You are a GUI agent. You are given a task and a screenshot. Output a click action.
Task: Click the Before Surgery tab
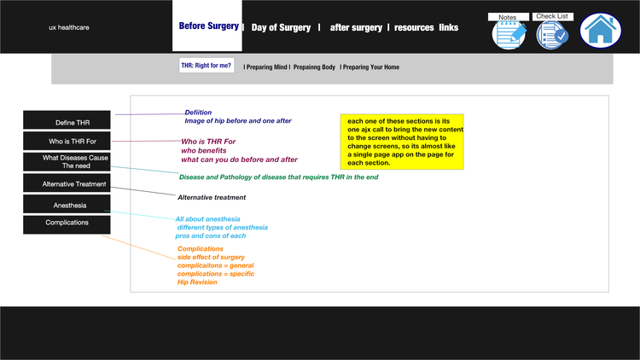pos(207,26)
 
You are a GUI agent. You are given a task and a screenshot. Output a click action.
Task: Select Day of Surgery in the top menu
pos(281,27)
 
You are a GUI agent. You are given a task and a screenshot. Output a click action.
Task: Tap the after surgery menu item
pos(356,27)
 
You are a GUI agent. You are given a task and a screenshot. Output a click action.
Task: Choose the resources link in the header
pos(414,27)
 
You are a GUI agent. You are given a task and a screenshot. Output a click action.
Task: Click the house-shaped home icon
pos(601,30)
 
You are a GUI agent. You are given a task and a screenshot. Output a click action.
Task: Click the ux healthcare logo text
pos(69,27)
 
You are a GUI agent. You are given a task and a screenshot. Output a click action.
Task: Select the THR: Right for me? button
pos(207,66)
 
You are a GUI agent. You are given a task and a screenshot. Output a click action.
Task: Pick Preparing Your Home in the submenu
pos(371,67)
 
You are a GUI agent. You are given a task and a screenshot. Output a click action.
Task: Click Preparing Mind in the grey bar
pos(266,67)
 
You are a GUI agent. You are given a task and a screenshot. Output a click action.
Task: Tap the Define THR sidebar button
pos(67,120)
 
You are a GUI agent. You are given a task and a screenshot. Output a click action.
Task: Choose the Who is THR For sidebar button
pos(67,141)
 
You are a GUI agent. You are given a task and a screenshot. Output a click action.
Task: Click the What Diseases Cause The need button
pos(67,161)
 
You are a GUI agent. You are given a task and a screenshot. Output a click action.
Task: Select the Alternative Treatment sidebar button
pos(67,183)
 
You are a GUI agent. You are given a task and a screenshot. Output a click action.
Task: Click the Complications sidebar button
pos(67,224)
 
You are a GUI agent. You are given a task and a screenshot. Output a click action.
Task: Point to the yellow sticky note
pos(402,142)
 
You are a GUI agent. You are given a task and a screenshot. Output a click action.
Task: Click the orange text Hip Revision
pos(197,282)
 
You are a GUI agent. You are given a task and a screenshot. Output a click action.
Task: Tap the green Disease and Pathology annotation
pos(278,177)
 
